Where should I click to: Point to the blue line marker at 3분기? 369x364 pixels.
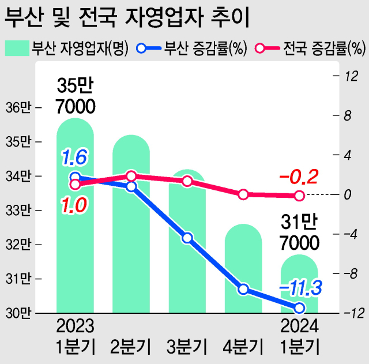coord(187,238)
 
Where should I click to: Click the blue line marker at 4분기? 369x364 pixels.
coord(243,289)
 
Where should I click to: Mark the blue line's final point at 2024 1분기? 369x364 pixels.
coord(299,307)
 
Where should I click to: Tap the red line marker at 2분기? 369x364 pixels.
coord(131,176)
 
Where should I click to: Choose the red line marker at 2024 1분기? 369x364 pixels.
coord(299,196)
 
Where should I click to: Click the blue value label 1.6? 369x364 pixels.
coord(74,156)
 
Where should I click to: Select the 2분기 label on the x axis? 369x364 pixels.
coord(131,347)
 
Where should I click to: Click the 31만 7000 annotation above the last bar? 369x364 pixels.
coord(300,232)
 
